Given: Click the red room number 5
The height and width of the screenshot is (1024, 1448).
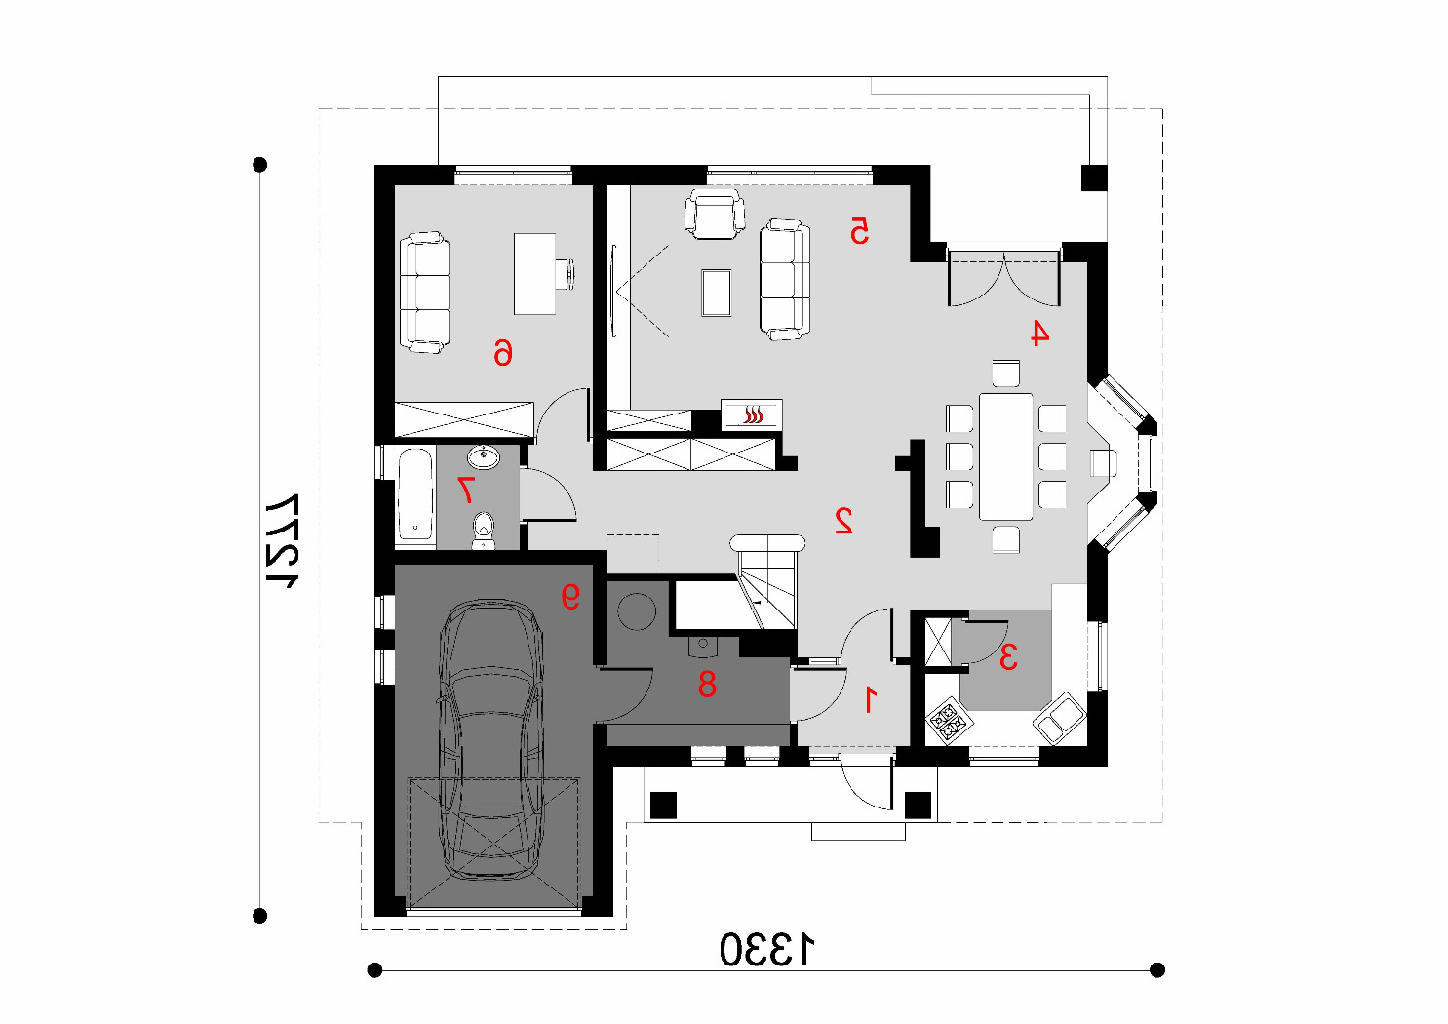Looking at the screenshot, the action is point(859,231).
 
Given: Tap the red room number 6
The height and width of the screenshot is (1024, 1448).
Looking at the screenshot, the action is point(503,353).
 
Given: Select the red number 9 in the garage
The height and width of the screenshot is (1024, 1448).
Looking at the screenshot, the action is point(570,596).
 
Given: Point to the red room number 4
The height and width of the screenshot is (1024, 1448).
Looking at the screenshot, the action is point(1038,333).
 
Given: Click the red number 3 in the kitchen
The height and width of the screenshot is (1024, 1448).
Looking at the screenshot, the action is point(1008,656).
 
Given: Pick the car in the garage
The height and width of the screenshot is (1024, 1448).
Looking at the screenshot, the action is point(490,739).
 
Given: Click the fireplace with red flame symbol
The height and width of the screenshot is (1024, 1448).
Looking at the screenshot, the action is point(752,414).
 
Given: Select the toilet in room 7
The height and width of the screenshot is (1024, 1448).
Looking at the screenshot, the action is point(483,531).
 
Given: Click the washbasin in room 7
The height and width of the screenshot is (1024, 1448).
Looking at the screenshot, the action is point(484,457).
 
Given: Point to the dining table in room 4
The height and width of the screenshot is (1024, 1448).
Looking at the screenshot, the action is point(1006,456).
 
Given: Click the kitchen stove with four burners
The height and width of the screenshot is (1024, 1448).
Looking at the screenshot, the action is point(950,721).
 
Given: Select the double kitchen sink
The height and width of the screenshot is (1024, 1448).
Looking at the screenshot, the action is point(1059,718).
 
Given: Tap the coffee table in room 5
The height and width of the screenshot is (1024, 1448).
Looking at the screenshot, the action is point(717,293).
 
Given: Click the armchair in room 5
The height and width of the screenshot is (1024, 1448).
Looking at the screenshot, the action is point(715,214).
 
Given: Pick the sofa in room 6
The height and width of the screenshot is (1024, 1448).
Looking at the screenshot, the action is point(425,293).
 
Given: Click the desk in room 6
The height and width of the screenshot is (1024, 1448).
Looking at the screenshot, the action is point(534,274).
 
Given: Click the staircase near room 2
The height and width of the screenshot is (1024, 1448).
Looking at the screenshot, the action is point(767,582).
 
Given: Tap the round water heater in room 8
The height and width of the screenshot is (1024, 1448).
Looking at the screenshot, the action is point(637,610).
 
